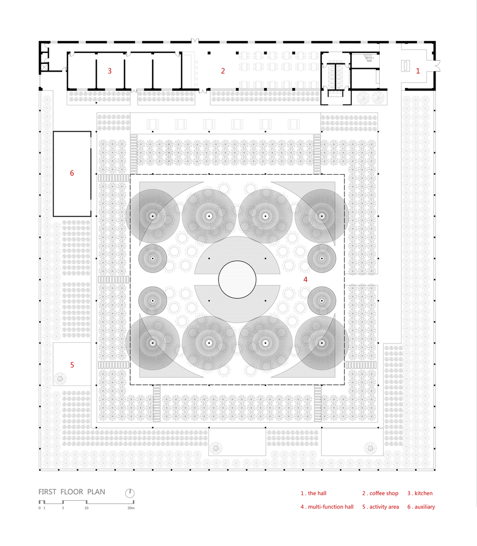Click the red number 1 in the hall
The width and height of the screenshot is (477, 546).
[418, 71]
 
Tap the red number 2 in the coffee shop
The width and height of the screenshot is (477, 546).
[223, 71]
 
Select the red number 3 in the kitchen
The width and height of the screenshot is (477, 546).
[110, 71]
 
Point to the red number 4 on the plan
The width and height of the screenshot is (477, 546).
[305, 279]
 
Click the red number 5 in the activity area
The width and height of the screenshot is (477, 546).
[72, 365]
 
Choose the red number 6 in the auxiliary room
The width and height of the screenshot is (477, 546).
[72, 173]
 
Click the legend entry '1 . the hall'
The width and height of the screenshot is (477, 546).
[314, 493]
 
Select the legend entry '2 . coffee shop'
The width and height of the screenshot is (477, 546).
[380, 493]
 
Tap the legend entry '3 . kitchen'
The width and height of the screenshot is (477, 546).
[420, 493]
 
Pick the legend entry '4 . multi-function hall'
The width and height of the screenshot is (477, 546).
[327, 507]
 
